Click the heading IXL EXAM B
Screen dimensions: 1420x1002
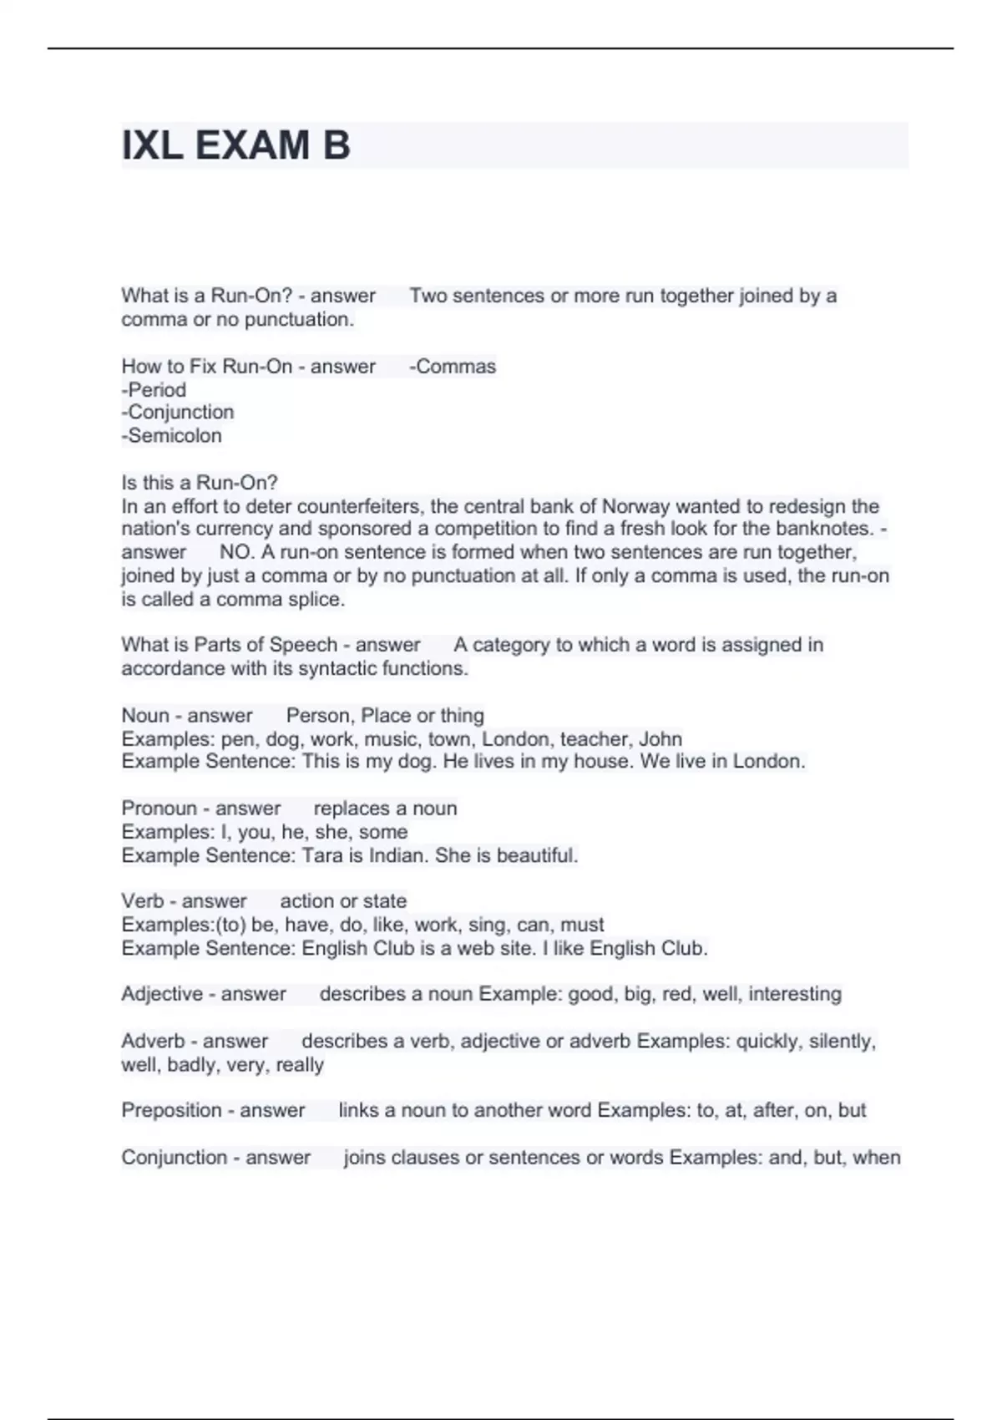coord(235,145)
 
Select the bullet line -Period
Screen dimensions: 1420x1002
coord(154,390)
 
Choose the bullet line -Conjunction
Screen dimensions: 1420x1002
coord(178,413)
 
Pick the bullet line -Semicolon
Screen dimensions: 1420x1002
coord(172,436)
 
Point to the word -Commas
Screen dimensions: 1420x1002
coord(453,367)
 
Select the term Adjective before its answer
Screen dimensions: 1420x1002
coord(161,994)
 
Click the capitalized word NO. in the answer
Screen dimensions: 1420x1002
coord(235,552)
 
